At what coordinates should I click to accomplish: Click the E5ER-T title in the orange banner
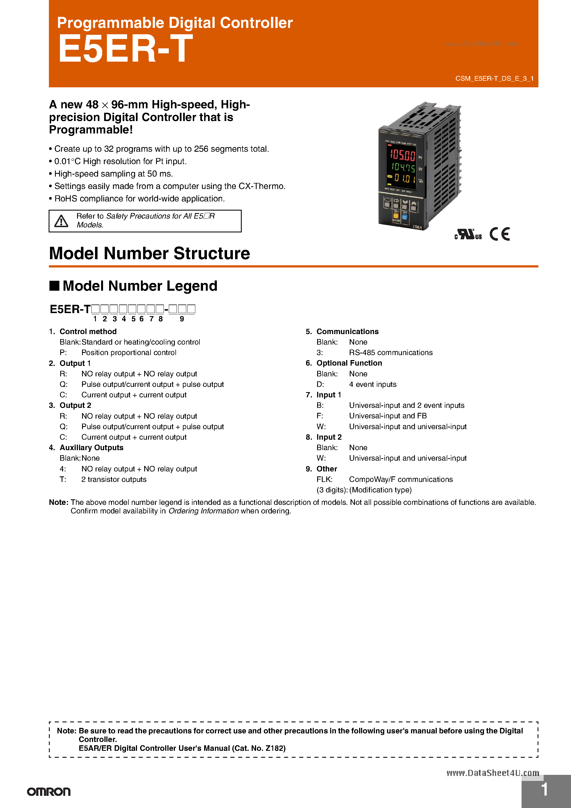pyautogui.click(x=125, y=49)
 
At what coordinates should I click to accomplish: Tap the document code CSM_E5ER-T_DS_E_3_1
pyautogui.click(x=494, y=78)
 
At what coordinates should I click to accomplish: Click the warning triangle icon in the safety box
pyautogui.click(x=61, y=221)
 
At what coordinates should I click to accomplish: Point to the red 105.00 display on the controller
pyautogui.click(x=402, y=155)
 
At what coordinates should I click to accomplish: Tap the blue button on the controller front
pyautogui.click(x=405, y=217)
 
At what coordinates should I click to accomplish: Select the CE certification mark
pyautogui.click(x=499, y=234)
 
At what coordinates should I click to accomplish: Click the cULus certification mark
pyautogui.click(x=468, y=234)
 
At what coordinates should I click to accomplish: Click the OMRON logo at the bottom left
pyautogui.click(x=49, y=792)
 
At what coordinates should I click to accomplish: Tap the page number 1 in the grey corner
pyautogui.click(x=544, y=789)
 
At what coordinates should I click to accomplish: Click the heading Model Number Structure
pyautogui.click(x=149, y=253)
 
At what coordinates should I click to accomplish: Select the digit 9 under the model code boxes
pyautogui.click(x=182, y=319)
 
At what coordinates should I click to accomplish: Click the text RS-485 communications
pyautogui.click(x=391, y=353)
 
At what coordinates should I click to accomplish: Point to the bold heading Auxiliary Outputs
pyautogui.click(x=91, y=448)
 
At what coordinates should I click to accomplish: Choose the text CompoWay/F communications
pyautogui.click(x=401, y=479)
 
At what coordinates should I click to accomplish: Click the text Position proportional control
pyautogui.click(x=129, y=353)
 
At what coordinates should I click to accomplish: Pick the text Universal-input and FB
pyautogui.click(x=388, y=416)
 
